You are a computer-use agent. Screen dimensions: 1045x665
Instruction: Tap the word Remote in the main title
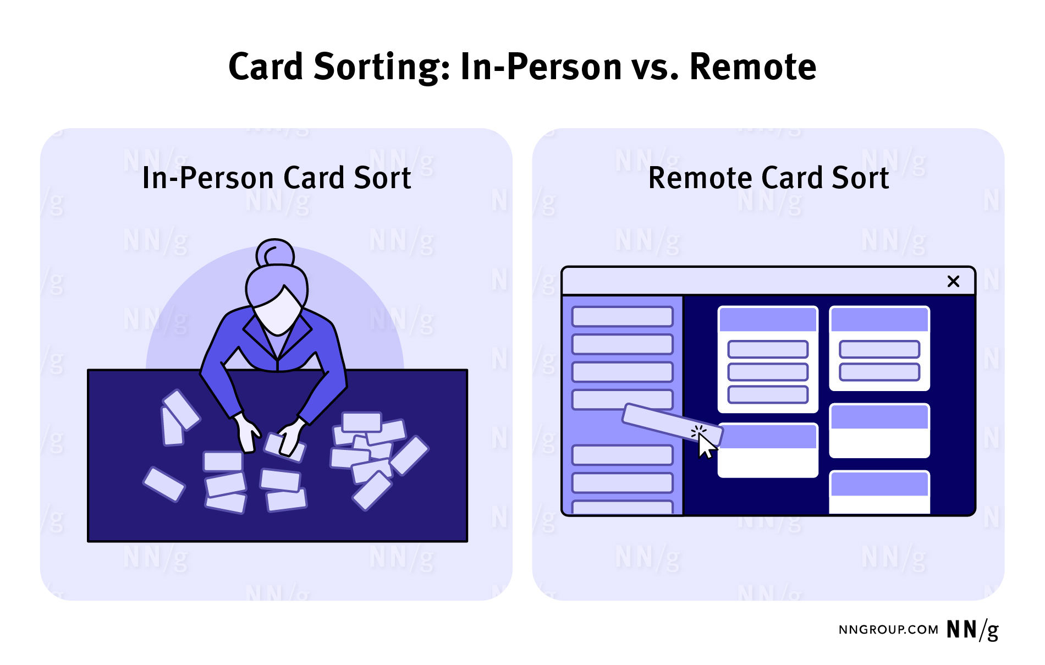click(x=752, y=67)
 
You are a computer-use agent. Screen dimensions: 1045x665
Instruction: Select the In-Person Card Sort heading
click(x=277, y=178)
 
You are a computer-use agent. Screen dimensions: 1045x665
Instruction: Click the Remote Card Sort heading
click(x=768, y=178)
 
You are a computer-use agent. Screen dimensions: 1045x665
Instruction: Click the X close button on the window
click(x=953, y=281)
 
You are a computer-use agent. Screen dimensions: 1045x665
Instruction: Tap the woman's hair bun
click(x=275, y=254)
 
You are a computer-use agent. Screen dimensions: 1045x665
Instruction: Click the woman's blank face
click(x=278, y=311)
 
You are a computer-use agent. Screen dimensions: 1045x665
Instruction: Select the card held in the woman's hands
click(x=284, y=447)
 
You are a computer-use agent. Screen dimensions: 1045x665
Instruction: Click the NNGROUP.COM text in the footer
click(x=888, y=630)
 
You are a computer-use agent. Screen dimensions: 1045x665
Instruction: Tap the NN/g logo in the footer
click(x=972, y=630)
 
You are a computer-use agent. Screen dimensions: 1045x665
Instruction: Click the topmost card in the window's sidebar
click(x=623, y=317)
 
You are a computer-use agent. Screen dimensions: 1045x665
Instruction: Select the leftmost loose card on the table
click(x=163, y=484)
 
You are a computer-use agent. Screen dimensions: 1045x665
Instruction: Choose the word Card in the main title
click(x=266, y=67)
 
